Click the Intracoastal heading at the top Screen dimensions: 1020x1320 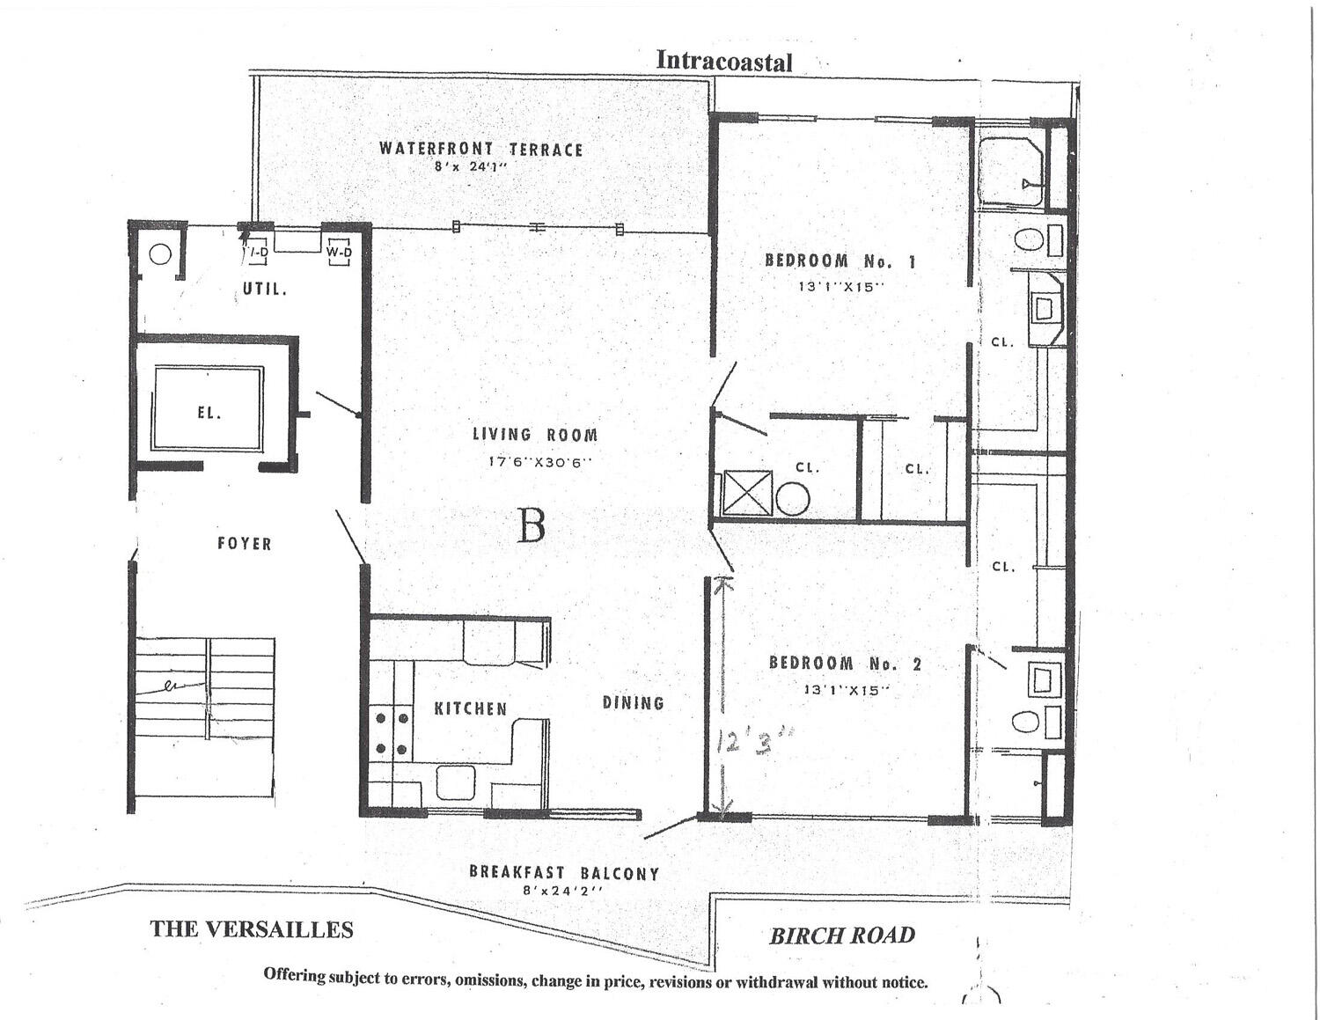(724, 62)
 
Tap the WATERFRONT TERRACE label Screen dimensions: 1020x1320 (480, 149)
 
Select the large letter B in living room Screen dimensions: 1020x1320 (531, 526)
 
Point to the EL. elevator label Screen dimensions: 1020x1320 (209, 412)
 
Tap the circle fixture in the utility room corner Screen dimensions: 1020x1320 (159, 255)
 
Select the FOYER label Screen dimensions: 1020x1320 (244, 544)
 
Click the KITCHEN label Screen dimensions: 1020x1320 (470, 708)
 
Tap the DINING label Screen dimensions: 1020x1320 (633, 702)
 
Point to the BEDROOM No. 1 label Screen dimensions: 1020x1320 (840, 261)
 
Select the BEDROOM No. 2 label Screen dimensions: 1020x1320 (845, 664)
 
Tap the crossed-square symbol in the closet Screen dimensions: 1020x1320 (747, 494)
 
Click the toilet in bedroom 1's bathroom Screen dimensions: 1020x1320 (1028, 238)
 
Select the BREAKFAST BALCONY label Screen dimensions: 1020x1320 (563, 872)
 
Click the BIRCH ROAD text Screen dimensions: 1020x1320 (842, 936)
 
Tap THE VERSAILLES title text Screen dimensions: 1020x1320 (252, 929)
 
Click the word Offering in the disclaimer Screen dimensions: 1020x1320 (293, 974)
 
